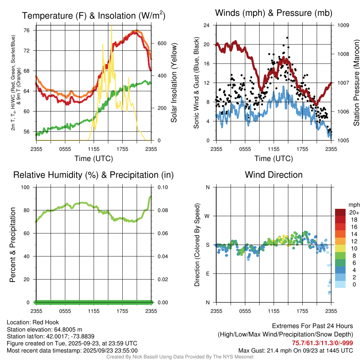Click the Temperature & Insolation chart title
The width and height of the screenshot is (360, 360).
(94, 16)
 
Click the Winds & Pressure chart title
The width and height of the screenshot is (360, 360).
(274, 13)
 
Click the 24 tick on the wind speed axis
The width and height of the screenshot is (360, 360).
(207, 25)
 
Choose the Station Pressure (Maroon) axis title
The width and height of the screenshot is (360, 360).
(356, 83)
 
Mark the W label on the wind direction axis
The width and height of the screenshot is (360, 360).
(207, 216)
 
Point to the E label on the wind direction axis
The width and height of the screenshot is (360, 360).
(207, 274)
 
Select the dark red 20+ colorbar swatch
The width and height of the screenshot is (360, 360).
(340, 212)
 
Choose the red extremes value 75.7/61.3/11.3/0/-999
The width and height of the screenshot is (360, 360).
(322, 343)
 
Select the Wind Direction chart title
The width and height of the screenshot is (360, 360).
(274, 175)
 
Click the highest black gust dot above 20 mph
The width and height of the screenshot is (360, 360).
(287, 38)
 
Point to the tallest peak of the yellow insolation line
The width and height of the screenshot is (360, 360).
(111, 26)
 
